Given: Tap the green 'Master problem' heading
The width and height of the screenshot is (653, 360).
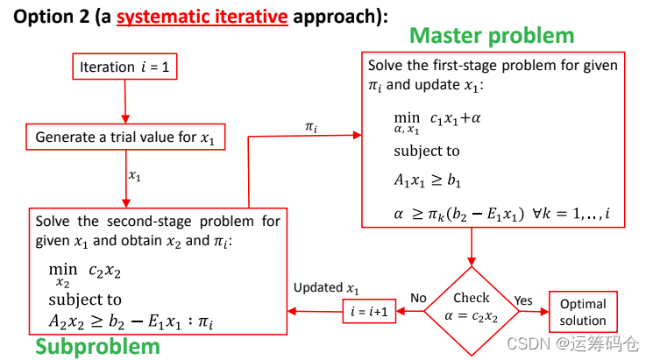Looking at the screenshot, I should click(x=492, y=36).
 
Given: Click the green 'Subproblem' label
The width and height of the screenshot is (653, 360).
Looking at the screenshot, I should click(x=97, y=347).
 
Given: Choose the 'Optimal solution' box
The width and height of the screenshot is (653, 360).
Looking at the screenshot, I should click(x=583, y=312).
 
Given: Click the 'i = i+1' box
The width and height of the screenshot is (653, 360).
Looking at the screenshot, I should click(x=368, y=311).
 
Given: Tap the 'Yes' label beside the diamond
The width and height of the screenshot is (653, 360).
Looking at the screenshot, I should click(x=523, y=300).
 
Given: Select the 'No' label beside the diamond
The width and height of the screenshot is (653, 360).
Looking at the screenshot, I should click(x=418, y=298).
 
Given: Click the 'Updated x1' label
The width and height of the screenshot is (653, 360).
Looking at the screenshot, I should click(x=326, y=288).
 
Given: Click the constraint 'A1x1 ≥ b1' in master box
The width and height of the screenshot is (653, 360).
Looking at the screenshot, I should click(x=427, y=181).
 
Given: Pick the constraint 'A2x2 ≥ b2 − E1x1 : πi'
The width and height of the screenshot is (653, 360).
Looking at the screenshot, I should click(x=131, y=322).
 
